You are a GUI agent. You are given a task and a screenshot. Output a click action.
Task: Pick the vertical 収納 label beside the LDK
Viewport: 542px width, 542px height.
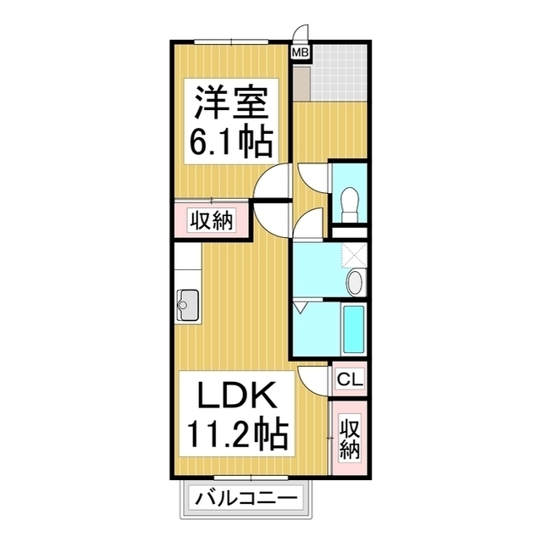click(x=349, y=439)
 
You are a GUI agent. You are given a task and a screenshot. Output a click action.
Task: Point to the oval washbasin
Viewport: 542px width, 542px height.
click(x=356, y=283)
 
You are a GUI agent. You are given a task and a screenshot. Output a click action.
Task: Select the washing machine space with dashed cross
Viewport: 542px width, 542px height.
click(x=354, y=253)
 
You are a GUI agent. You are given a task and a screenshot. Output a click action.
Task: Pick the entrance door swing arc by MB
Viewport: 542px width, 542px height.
click(x=300, y=36)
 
